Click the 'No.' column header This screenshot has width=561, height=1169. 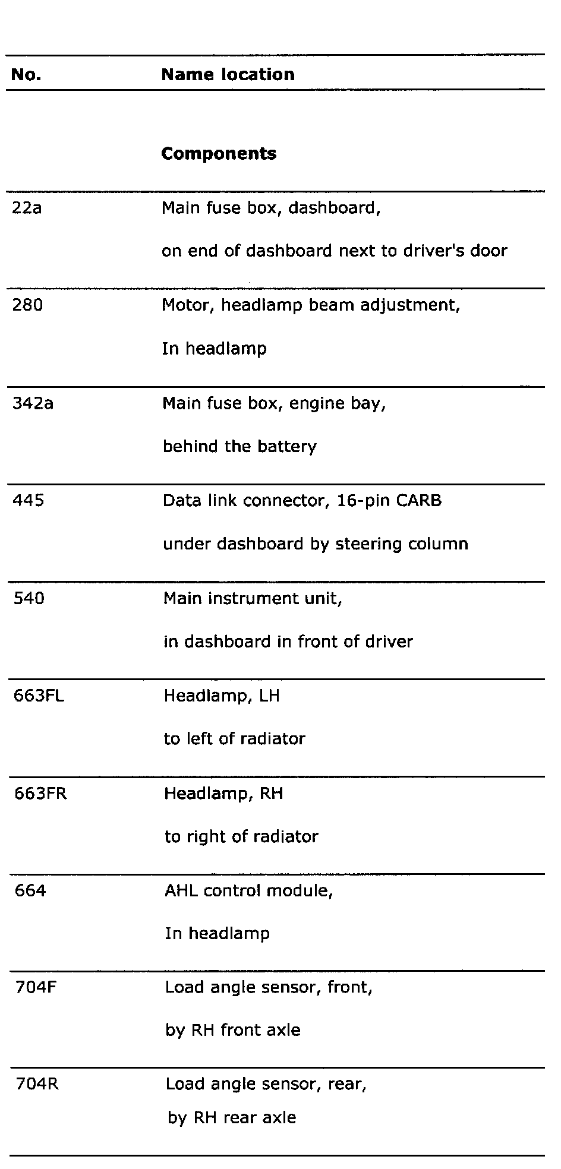click(26, 75)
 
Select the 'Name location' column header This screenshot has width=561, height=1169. click(228, 75)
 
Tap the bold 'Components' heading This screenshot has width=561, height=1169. click(219, 154)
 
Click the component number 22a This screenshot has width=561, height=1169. click(27, 208)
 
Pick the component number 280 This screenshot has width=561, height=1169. click(27, 306)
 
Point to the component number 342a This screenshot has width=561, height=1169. click(33, 403)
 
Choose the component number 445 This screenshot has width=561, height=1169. click(29, 501)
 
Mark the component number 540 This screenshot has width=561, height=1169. click(29, 598)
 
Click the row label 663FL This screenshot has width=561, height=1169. click(39, 696)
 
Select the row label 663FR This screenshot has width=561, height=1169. click(40, 794)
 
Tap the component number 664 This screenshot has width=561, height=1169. click(30, 890)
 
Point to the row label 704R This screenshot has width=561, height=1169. click(36, 1085)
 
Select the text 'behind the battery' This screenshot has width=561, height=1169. click(239, 447)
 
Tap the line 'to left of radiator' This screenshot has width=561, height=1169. click(234, 739)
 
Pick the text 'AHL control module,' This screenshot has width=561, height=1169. click(248, 891)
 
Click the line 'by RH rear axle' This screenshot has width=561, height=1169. click(231, 1118)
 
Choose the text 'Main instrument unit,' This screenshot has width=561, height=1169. click(253, 599)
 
